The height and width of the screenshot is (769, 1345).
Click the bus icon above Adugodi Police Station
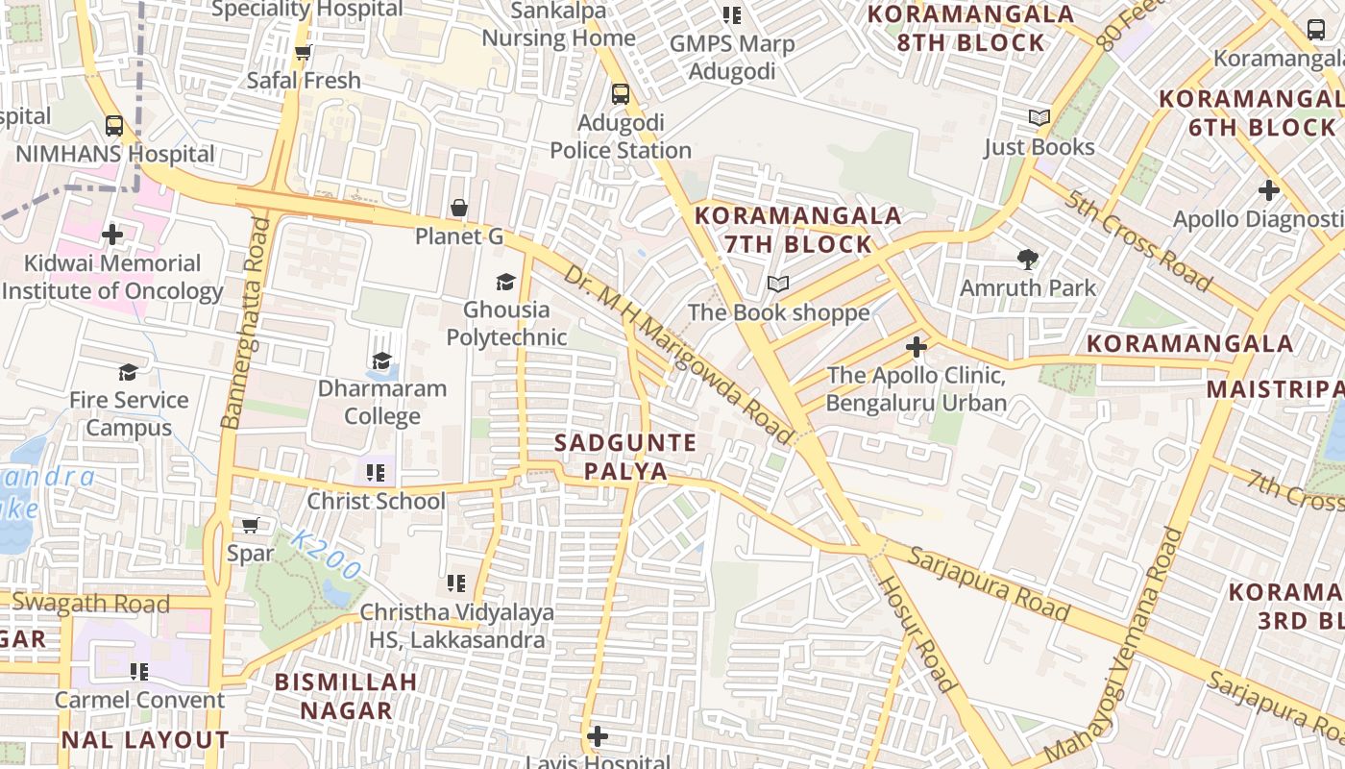click(x=621, y=94)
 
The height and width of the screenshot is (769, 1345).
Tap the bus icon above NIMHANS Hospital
click(x=114, y=125)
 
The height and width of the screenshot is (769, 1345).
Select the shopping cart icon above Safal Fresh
click(x=304, y=53)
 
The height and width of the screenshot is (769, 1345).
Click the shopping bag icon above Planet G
click(x=459, y=208)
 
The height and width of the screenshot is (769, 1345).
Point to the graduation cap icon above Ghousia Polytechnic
click(x=505, y=282)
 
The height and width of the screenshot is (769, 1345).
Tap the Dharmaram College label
click(x=382, y=402)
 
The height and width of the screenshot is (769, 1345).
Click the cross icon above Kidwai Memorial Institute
click(x=112, y=234)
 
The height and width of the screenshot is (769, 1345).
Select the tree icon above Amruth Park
click(x=1028, y=259)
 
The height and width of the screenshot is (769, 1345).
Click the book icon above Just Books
click(x=1039, y=118)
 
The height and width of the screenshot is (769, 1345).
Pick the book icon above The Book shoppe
click(x=778, y=284)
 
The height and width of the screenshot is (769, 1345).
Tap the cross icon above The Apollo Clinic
click(x=917, y=346)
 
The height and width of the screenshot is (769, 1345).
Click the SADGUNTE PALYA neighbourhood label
click(x=625, y=457)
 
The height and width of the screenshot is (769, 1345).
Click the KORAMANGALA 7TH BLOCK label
click(x=798, y=229)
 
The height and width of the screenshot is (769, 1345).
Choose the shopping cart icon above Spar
click(x=251, y=525)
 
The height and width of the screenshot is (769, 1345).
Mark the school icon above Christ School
click(x=376, y=472)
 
